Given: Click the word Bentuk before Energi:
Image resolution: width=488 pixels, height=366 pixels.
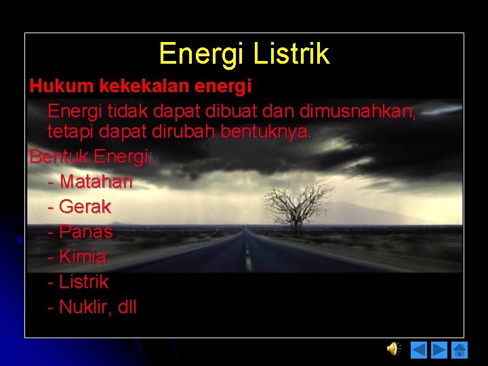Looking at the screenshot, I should click(59, 157).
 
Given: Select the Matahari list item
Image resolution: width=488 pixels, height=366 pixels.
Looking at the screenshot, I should click(96, 182).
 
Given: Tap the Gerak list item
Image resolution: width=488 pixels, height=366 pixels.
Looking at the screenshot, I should click(85, 207).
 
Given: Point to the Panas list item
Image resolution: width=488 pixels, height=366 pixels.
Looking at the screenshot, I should click(86, 232).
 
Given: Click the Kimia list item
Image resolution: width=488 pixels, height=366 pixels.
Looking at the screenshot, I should click(83, 257).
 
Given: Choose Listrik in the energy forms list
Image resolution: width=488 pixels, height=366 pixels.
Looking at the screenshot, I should click(83, 282).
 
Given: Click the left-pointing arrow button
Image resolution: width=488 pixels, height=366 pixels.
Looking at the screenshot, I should click(420, 350).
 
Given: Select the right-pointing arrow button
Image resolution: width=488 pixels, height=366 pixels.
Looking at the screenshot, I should click(439, 350).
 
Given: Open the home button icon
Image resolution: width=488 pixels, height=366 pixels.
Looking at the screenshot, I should click(460, 350).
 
